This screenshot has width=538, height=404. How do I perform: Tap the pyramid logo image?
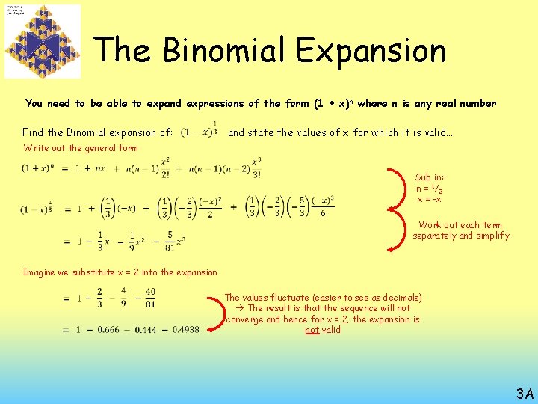tap(43, 42)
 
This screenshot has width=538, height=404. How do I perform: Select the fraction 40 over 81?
tap(151, 299)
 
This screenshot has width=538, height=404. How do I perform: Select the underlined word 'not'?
tap(312, 329)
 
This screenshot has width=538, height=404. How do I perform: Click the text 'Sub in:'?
tap(430, 177)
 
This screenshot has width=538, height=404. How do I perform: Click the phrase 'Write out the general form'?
tap(81, 148)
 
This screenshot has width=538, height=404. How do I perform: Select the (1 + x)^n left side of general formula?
tap(36, 168)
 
